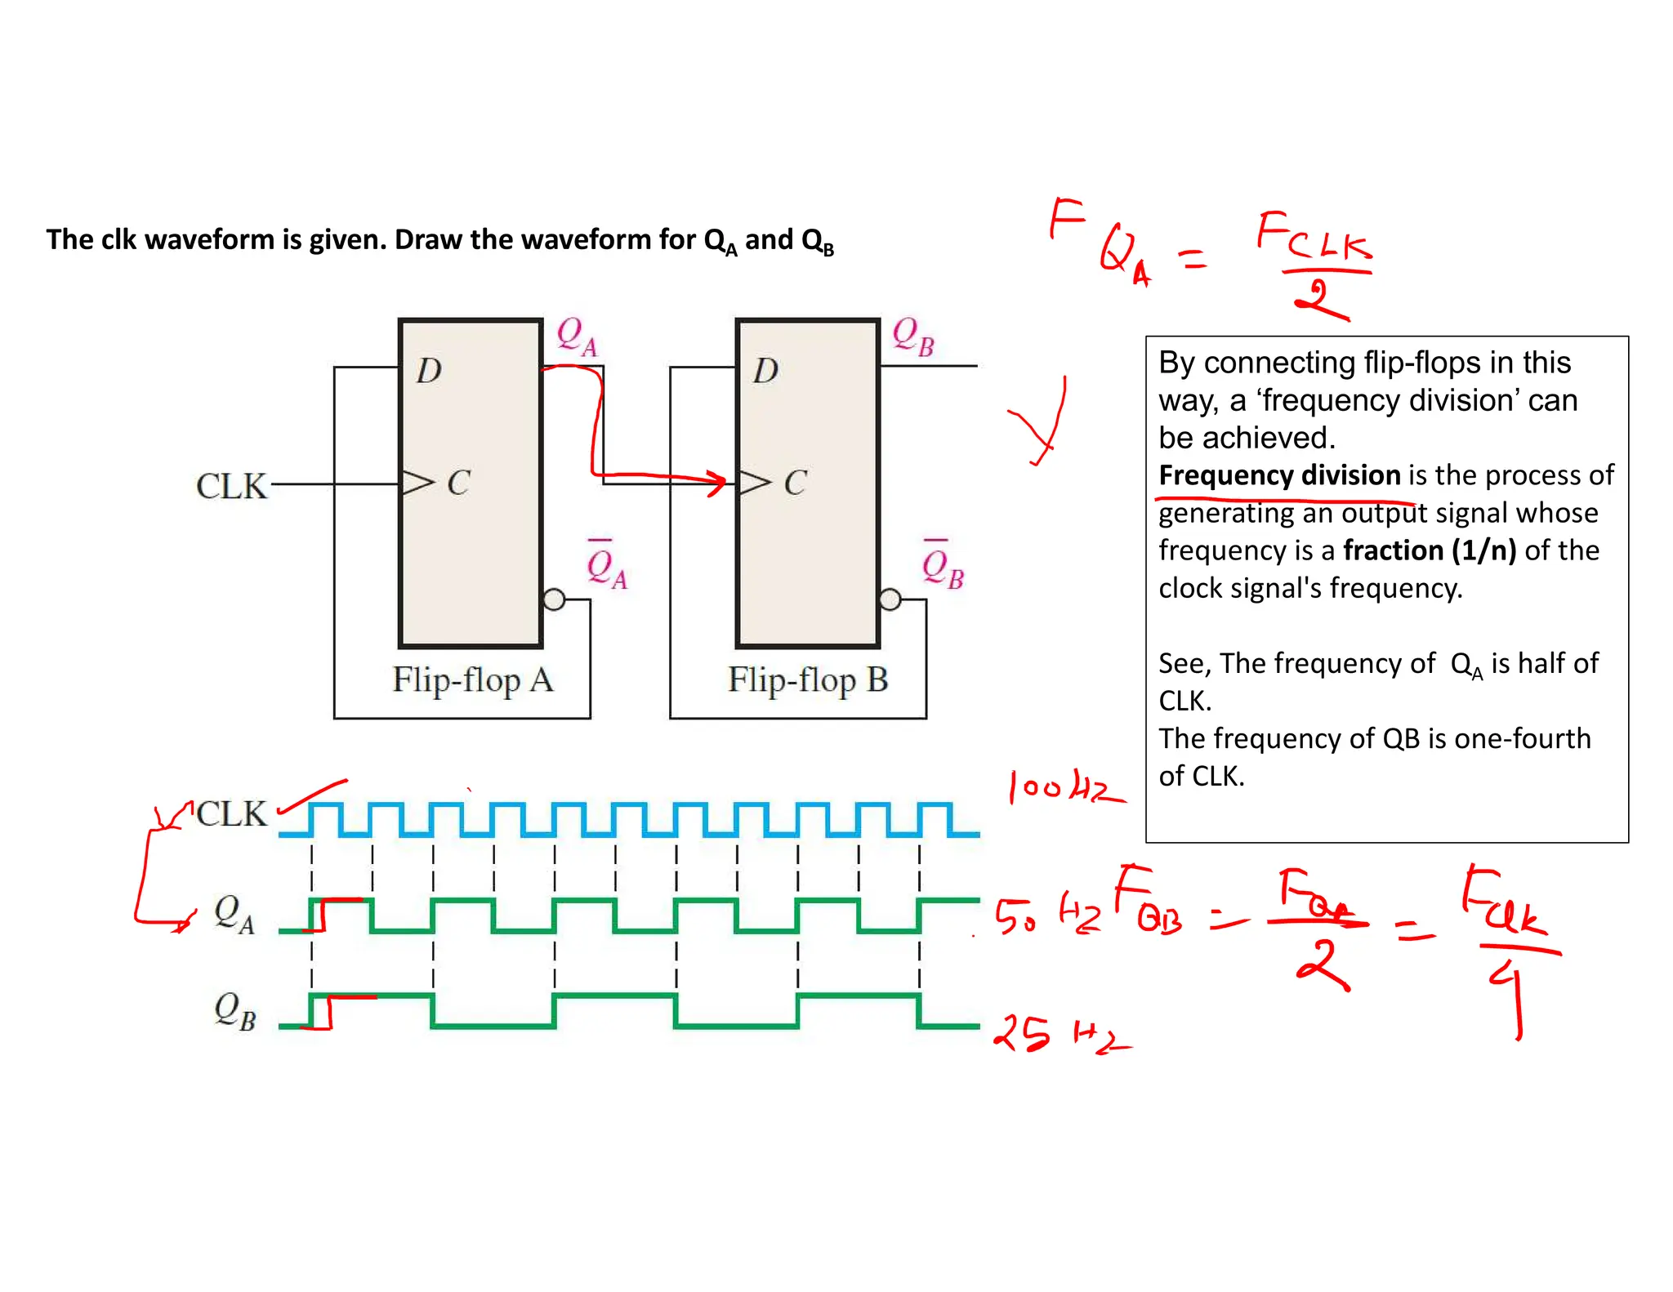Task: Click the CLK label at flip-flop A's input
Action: [x=231, y=486]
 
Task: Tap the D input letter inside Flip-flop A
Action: [x=429, y=372]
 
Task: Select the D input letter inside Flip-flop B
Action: [x=765, y=372]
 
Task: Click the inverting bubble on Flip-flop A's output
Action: [x=554, y=600]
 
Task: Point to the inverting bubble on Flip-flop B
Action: [x=890, y=600]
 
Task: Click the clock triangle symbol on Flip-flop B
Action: [x=753, y=483]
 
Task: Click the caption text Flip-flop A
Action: [x=472, y=680]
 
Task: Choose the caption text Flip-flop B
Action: [x=808, y=680]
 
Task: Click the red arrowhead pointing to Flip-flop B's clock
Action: [x=716, y=481]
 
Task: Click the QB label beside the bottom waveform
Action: [x=234, y=1011]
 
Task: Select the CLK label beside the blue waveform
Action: [x=232, y=813]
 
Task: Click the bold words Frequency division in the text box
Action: [x=1279, y=475]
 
